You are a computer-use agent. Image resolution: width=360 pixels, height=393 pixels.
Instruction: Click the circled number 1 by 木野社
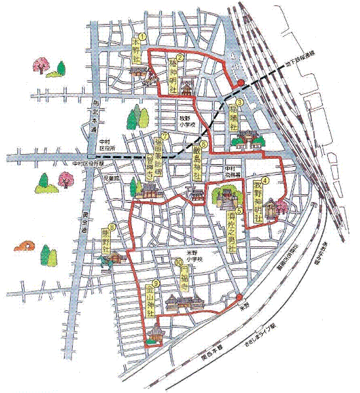(x=141, y=37)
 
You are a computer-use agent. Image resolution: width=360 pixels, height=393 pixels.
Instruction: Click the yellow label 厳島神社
(x=197, y=165)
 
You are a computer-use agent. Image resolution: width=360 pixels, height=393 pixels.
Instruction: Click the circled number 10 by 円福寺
(x=180, y=263)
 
